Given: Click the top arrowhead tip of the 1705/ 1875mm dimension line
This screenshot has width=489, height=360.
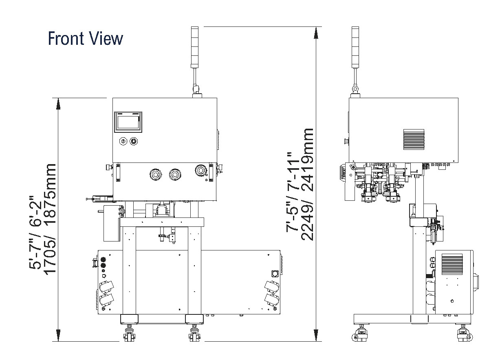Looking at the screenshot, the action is point(58,98).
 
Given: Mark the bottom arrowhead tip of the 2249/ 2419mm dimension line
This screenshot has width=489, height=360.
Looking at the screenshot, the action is point(316,341).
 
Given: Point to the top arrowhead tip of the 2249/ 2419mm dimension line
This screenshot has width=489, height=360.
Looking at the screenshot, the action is point(316,27).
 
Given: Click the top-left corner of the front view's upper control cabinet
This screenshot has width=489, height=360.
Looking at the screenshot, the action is point(112,98).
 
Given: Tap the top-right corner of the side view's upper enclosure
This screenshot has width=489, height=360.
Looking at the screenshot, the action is point(458,98).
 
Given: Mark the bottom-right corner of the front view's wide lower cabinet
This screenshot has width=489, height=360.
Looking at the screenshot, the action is point(280,314).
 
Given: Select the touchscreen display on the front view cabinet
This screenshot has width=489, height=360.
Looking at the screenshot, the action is point(128,122).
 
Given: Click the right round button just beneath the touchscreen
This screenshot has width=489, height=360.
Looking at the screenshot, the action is point(134,141).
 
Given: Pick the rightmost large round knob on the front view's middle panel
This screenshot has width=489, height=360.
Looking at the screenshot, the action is point(200,170).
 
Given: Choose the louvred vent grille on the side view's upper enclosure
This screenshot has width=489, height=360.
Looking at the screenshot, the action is point(414,139).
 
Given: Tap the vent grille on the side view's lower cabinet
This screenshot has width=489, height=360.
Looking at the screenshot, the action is point(452,264).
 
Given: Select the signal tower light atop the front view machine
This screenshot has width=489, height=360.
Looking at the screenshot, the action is point(194,47).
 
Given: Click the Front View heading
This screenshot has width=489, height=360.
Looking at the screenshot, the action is point(85,38).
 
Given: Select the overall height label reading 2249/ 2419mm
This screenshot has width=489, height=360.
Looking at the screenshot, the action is point(307,184).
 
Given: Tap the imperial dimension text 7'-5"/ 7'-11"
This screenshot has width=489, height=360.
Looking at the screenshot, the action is point(293,192).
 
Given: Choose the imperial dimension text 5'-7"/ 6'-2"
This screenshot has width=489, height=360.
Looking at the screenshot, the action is point(35,232).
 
